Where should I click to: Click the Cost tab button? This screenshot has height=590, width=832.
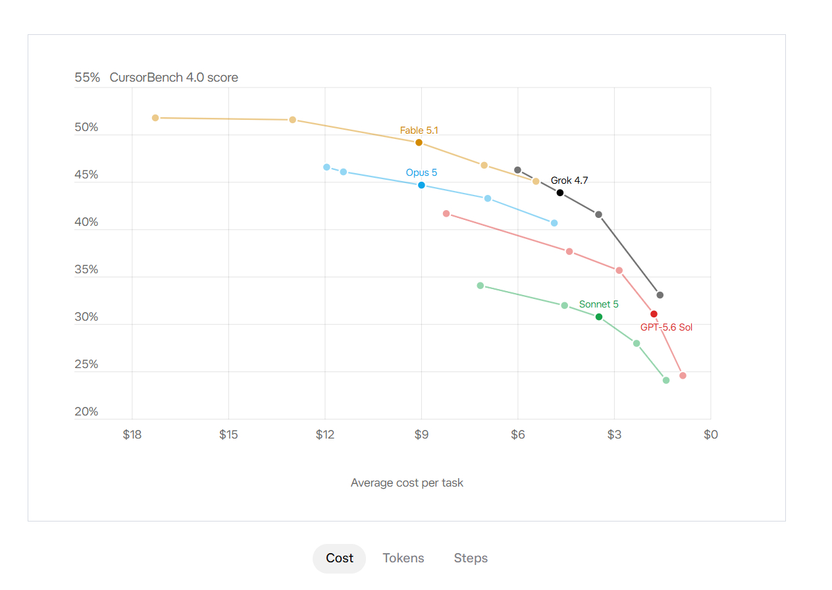[339, 558]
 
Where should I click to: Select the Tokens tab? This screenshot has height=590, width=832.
[403, 558]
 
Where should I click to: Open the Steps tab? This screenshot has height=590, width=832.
[471, 558]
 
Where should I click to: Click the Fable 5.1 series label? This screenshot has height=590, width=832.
[419, 130]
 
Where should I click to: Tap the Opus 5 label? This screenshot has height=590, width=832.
[421, 173]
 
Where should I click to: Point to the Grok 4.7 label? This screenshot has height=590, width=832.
[569, 180]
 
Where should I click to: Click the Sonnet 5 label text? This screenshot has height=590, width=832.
[599, 304]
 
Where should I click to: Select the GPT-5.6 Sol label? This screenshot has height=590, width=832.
[666, 327]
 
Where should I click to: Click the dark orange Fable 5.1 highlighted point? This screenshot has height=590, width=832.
[419, 142]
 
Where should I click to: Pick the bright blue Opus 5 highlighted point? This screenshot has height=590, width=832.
[421, 185]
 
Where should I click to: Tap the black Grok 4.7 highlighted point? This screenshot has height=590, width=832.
[560, 192]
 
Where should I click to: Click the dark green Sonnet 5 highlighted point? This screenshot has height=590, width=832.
[599, 317]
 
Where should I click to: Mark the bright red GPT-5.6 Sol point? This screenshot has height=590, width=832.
[654, 314]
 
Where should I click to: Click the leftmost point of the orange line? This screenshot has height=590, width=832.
[155, 118]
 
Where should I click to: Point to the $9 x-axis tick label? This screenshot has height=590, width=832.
[421, 435]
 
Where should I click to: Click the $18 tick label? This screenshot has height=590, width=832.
[132, 435]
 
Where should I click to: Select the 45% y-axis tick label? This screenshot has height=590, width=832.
[86, 174]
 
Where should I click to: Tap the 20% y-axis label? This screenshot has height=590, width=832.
[86, 412]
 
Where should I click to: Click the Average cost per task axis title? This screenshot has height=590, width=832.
[407, 483]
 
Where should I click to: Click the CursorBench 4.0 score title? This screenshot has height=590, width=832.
[174, 77]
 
